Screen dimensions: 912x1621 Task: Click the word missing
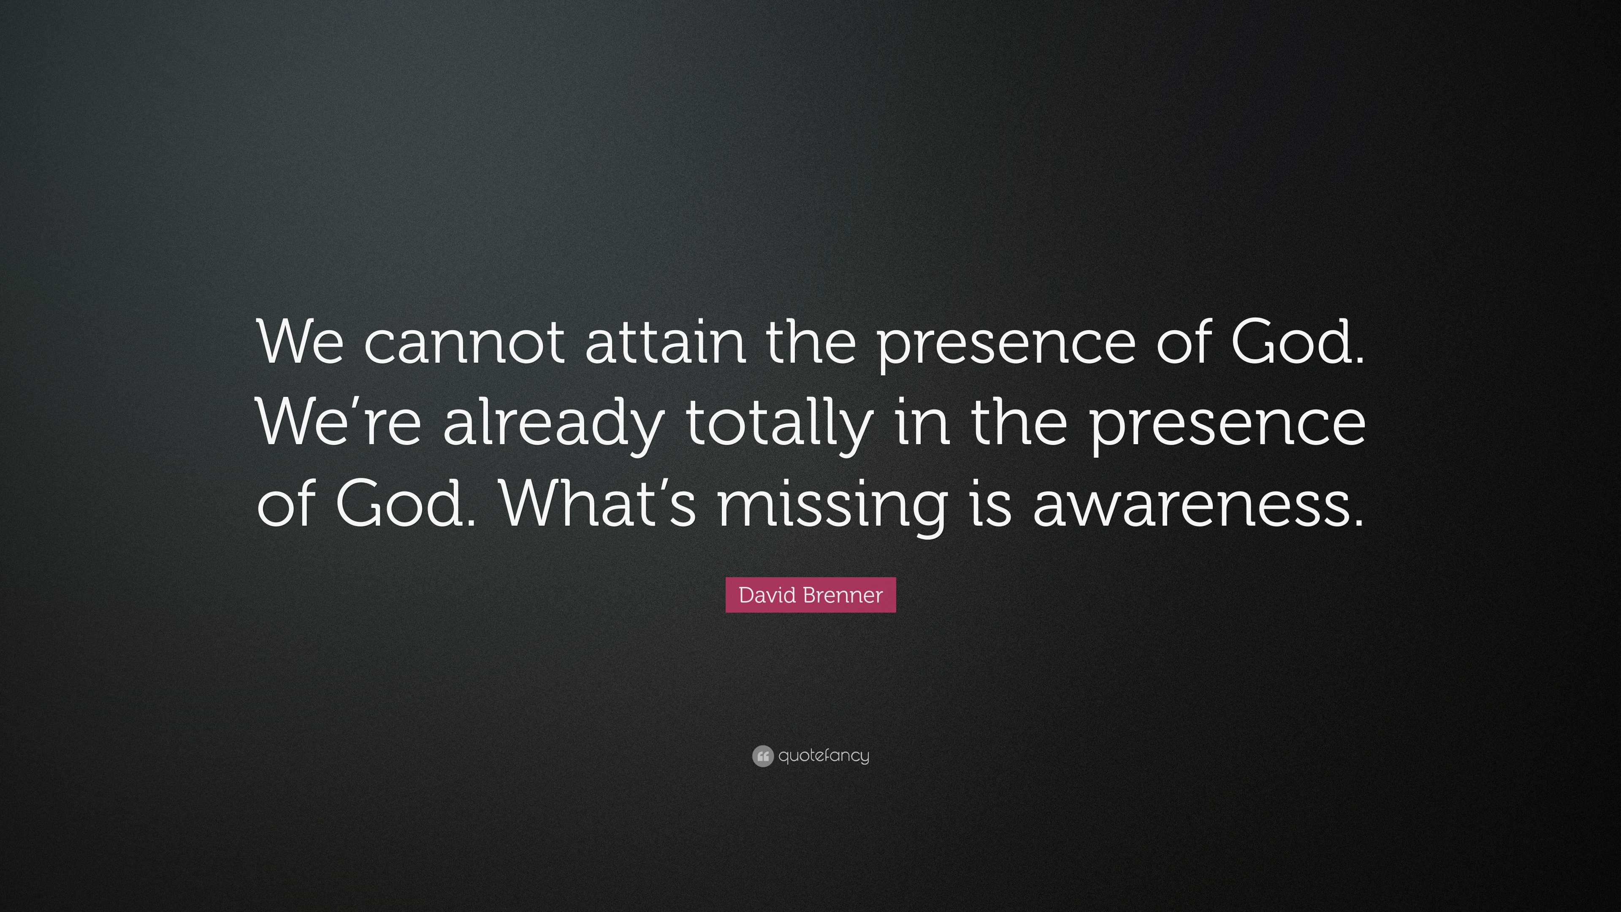832,507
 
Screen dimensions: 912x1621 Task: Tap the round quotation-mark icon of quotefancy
762,756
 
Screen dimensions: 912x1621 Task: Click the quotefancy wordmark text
824,756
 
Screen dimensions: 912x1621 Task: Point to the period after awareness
1357,521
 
